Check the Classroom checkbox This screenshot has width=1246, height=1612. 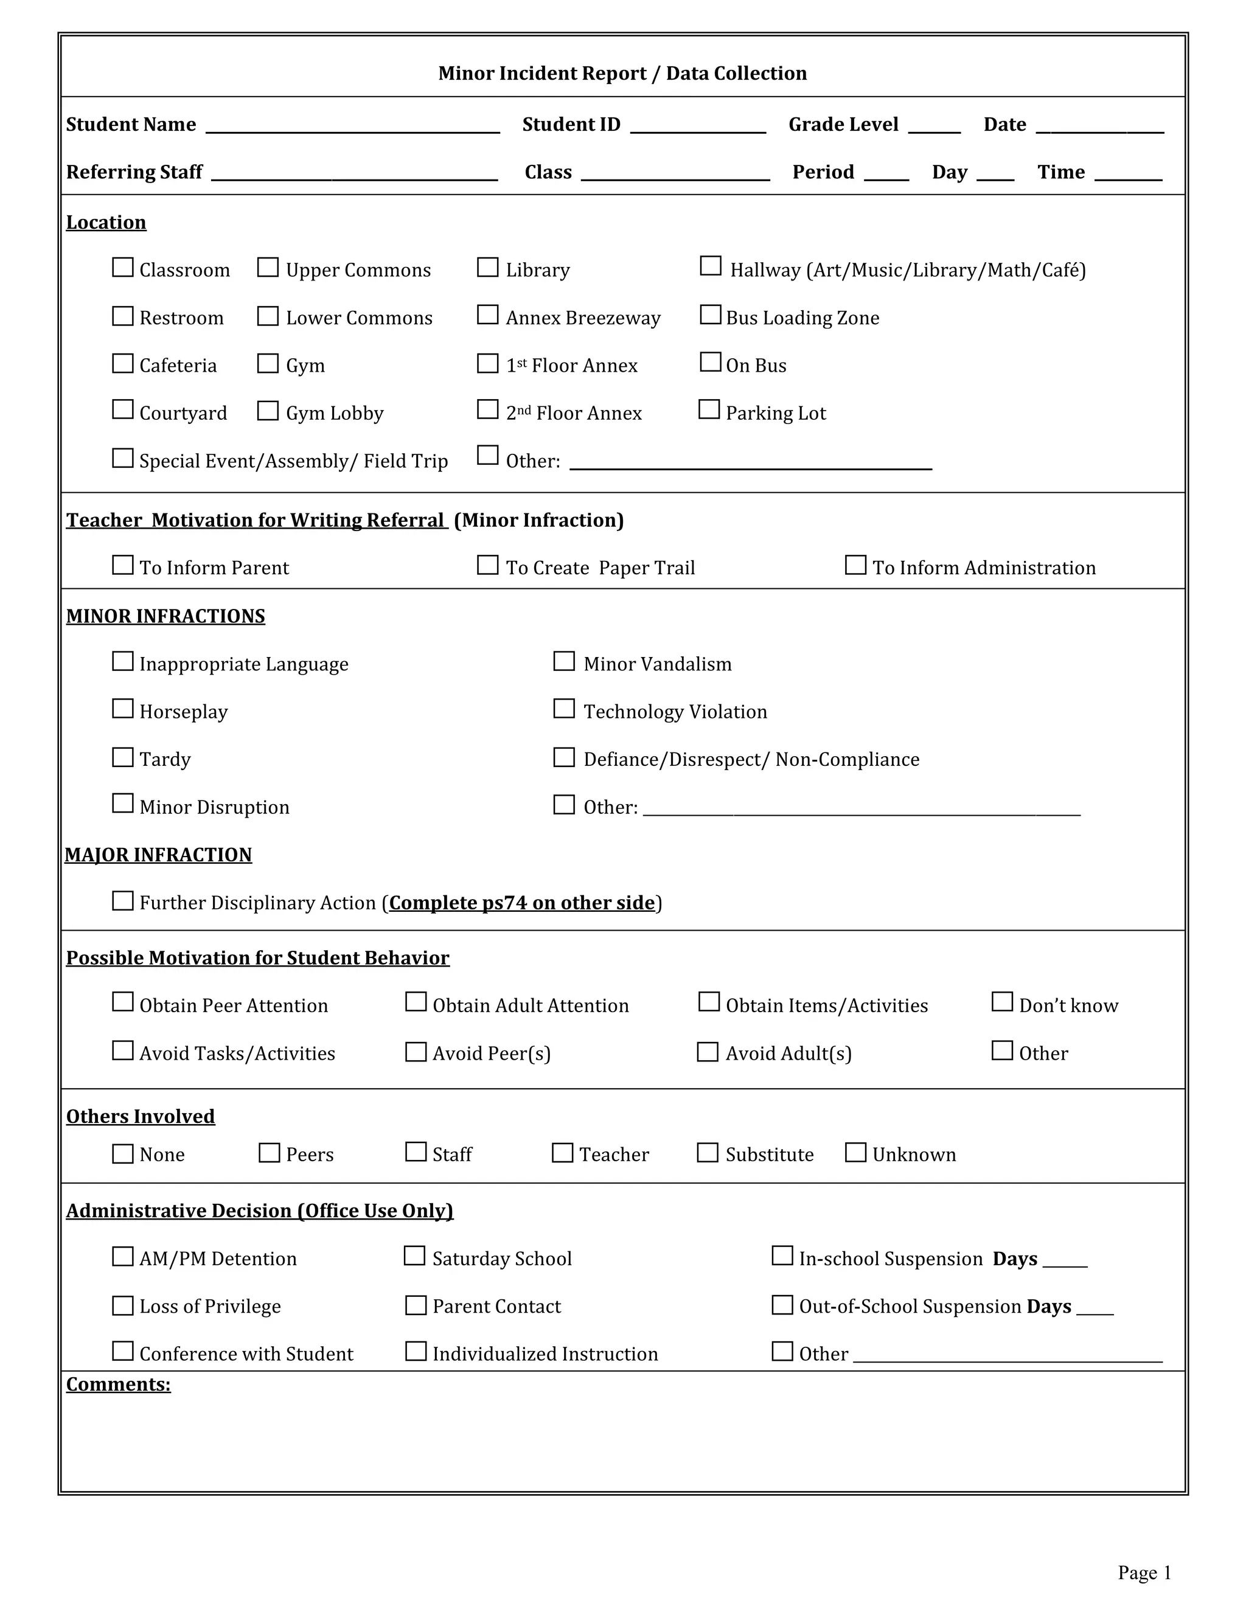[x=122, y=267]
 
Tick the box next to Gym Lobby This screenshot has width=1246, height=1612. [x=268, y=411]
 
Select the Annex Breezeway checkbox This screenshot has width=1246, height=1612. [x=488, y=315]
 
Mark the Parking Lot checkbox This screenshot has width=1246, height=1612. [x=709, y=409]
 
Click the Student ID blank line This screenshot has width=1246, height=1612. [x=698, y=127]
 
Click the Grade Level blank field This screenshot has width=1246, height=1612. [x=934, y=127]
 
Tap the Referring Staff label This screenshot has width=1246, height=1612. [x=134, y=172]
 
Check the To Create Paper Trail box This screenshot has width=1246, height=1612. [x=488, y=565]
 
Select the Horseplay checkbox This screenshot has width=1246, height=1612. [x=122, y=709]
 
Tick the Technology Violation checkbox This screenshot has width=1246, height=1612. [x=564, y=709]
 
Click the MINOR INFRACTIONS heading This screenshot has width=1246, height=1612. [x=165, y=616]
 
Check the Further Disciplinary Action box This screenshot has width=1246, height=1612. [x=122, y=900]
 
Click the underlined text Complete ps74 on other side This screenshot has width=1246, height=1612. [x=522, y=903]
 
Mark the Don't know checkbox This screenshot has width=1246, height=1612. [x=1001, y=1002]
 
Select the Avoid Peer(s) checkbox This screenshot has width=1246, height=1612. [x=416, y=1052]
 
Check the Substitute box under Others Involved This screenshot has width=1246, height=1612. [x=708, y=1153]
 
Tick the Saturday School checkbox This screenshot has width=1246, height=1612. [x=415, y=1256]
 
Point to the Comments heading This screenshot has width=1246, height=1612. [x=118, y=1384]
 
